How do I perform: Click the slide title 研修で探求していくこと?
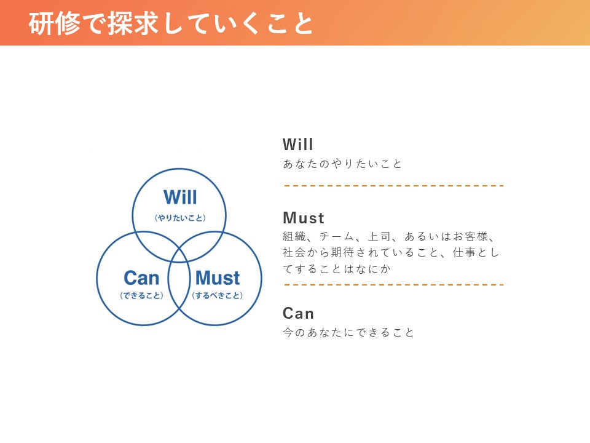tap(170, 24)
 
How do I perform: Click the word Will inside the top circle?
tap(180, 197)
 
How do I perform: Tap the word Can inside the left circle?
tap(141, 278)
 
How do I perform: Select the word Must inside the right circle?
tap(218, 278)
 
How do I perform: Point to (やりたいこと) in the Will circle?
tap(180, 218)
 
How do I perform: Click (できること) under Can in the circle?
tap(141, 295)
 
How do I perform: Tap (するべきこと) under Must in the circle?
tap(217, 295)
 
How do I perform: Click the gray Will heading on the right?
tap(297, 144)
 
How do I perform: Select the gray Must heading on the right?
tap(303, 218)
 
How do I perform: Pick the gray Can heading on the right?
tap(298, 313)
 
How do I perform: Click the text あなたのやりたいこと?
tap(342, 164)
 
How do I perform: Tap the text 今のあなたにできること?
tap(348, 332)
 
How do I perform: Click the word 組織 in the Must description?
tap(294, 236)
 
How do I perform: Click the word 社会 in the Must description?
tap(294, 252)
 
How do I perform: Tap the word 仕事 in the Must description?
tap(465, 252)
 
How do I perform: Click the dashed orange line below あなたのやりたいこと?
tap(394, 186)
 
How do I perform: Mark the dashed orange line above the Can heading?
tap(394, 285)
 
